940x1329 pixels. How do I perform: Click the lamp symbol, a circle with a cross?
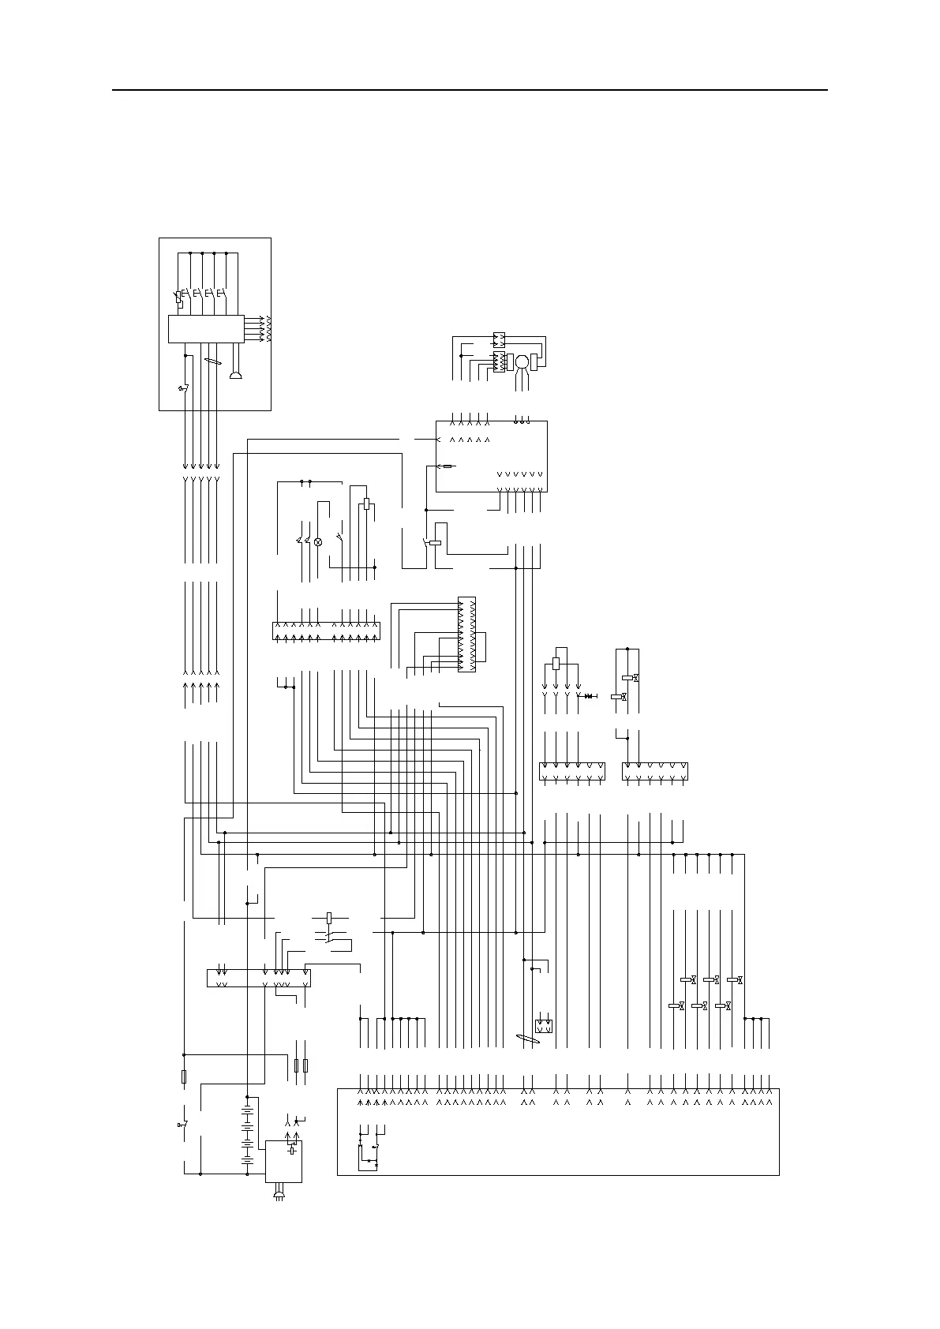coord(319,542)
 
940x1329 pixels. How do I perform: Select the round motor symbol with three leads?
coord(522,361)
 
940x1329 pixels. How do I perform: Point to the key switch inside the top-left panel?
coord(184,388)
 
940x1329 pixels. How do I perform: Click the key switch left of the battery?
coord(184,1124)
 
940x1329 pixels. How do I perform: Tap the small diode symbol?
coord(589,695)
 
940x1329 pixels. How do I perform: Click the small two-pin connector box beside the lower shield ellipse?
coord(544,1026)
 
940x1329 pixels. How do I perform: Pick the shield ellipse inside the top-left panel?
coord(211,361)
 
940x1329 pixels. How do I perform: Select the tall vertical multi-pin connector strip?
coord(466,635)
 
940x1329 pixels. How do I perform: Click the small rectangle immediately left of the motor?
coord(510,361)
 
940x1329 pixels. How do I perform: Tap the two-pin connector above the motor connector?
coord(498,339)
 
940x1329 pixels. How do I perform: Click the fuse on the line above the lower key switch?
coord(184,1076)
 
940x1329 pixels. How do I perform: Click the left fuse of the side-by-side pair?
coord(297,1066)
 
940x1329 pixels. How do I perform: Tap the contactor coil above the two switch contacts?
coord(329,918)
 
